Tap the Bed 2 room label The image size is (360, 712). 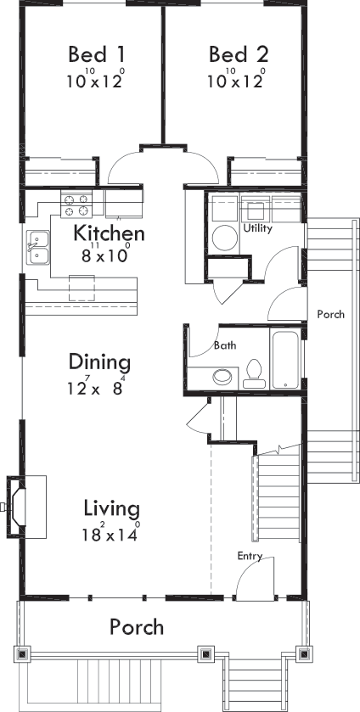239,55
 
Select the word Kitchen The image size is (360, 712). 109,233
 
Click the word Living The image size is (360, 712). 111,508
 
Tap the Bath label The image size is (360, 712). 225,345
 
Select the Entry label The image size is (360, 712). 250,557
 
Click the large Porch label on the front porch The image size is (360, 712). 137,627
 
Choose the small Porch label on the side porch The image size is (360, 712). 330,314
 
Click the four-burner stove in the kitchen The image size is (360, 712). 76,205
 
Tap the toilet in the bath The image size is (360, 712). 253,373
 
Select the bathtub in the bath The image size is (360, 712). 287,362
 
